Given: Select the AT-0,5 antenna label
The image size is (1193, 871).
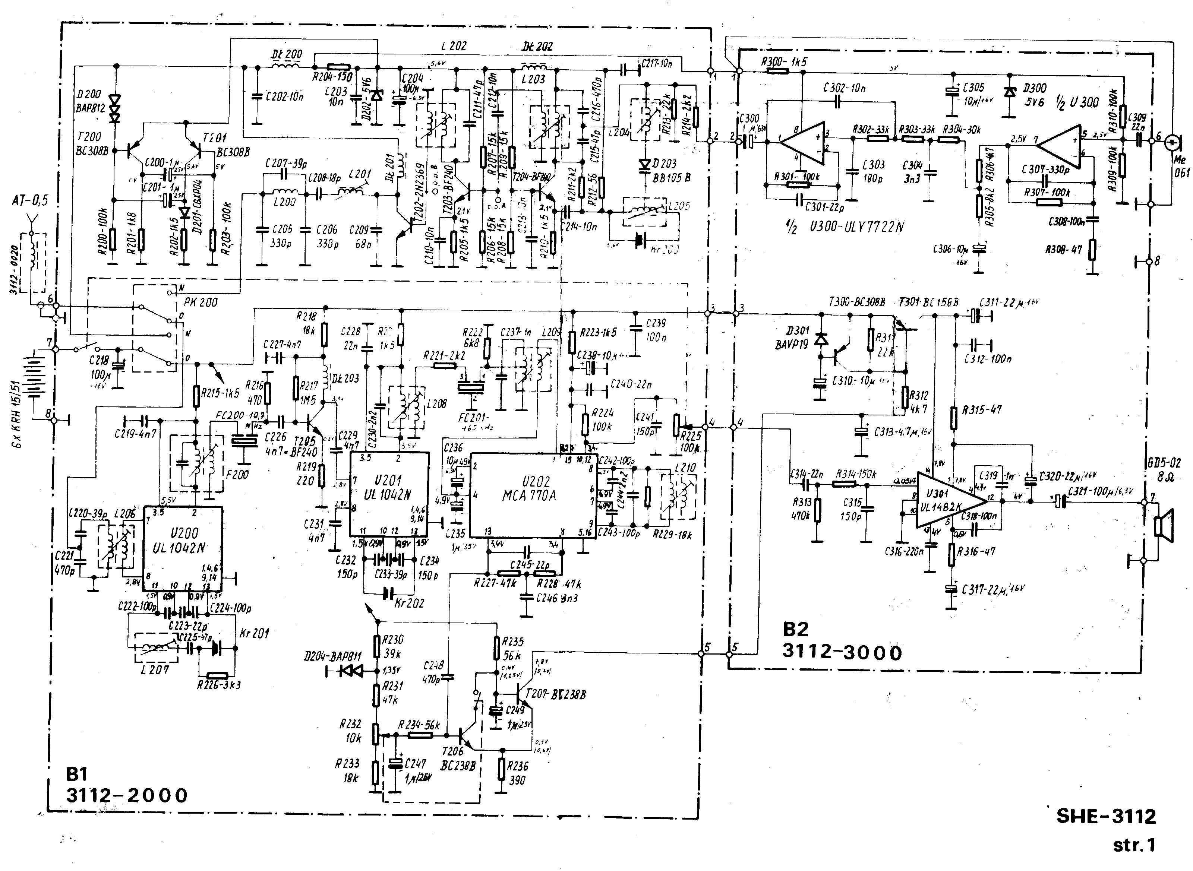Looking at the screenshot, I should click(29, 200).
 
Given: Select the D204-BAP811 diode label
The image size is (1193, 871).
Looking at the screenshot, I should click(333, 656).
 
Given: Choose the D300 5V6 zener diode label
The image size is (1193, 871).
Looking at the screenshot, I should click(1034, 95).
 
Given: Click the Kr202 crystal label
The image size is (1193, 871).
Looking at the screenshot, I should click(409, 603).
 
